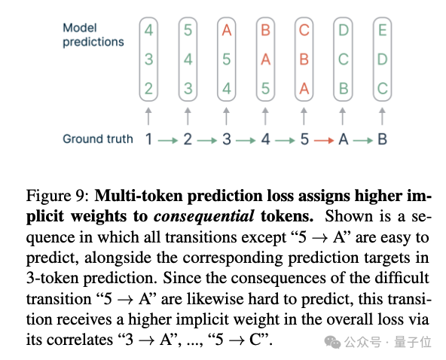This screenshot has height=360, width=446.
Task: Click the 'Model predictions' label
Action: click(x=93, y=35)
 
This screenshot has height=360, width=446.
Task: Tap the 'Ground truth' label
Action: click(x=98, y=139)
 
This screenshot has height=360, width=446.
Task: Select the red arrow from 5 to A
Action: click(x=324, y=140)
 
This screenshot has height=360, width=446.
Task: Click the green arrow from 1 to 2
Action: click(x=168, y=140)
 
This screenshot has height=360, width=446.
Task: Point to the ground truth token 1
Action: click(x=148, y=139)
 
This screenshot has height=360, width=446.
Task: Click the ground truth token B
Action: click(x=382, y=139)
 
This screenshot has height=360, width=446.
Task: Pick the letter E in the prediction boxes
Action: click(x=382, y=30)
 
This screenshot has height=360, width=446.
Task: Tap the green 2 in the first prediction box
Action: click(x=148, y=88)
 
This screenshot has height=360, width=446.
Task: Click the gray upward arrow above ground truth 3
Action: click(x=227, y=116)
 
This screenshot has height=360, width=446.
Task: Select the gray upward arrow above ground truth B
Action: click(x=382, y=116)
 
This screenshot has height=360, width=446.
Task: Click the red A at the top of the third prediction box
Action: click(x=227, y=30)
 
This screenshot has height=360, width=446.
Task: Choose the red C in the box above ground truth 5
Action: click(x=304, y=30)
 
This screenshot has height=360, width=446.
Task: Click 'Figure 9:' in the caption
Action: click(x=58, y=196)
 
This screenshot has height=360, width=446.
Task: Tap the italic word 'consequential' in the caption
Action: click(x=203, y=216)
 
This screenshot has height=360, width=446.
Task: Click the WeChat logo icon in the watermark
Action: click(x=332, y=341)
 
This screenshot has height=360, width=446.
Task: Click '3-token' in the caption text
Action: click(x=53, y=278)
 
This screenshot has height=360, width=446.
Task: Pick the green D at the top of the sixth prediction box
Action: click(x=344, y=30)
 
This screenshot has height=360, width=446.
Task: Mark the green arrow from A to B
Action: click(x=363, y=140)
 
